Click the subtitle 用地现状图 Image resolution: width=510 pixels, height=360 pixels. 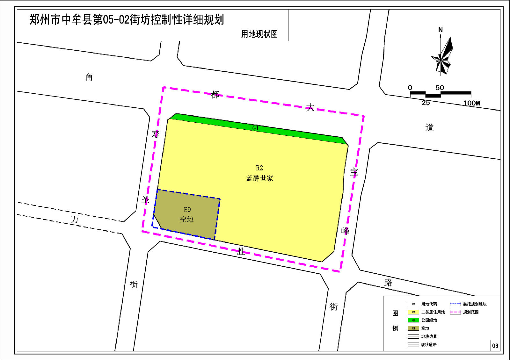(259, 34)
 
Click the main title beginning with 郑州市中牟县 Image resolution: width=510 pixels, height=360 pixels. (127, 20)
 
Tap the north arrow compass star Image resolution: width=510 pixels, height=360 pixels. (442, 57)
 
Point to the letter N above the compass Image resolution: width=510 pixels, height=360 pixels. (441, 30)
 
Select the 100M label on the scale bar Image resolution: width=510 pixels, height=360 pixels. (472, 103)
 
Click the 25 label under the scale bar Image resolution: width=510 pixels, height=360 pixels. (426, 103)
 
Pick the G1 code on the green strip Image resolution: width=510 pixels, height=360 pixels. (256, 128)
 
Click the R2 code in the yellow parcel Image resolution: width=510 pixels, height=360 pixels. (259, 168)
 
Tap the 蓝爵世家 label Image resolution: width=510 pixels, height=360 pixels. (259, 178)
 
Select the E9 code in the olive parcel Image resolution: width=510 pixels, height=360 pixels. (187, 210)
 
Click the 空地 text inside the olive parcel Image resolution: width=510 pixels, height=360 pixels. (187, 220)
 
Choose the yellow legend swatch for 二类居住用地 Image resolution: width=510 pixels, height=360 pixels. (413, 312)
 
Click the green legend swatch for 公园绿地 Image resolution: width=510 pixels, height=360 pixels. (413, 320)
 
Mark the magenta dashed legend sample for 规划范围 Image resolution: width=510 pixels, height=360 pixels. (455, 312)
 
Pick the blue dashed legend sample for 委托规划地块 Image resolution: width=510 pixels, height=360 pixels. (455, 304)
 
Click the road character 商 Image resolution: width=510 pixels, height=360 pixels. (89, 77)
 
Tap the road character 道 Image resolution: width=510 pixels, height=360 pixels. (429, 128)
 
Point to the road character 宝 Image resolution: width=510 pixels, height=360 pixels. (354, 172)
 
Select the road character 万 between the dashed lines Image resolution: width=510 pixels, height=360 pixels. (75, 220)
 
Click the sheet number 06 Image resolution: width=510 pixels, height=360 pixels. (495, 346)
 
